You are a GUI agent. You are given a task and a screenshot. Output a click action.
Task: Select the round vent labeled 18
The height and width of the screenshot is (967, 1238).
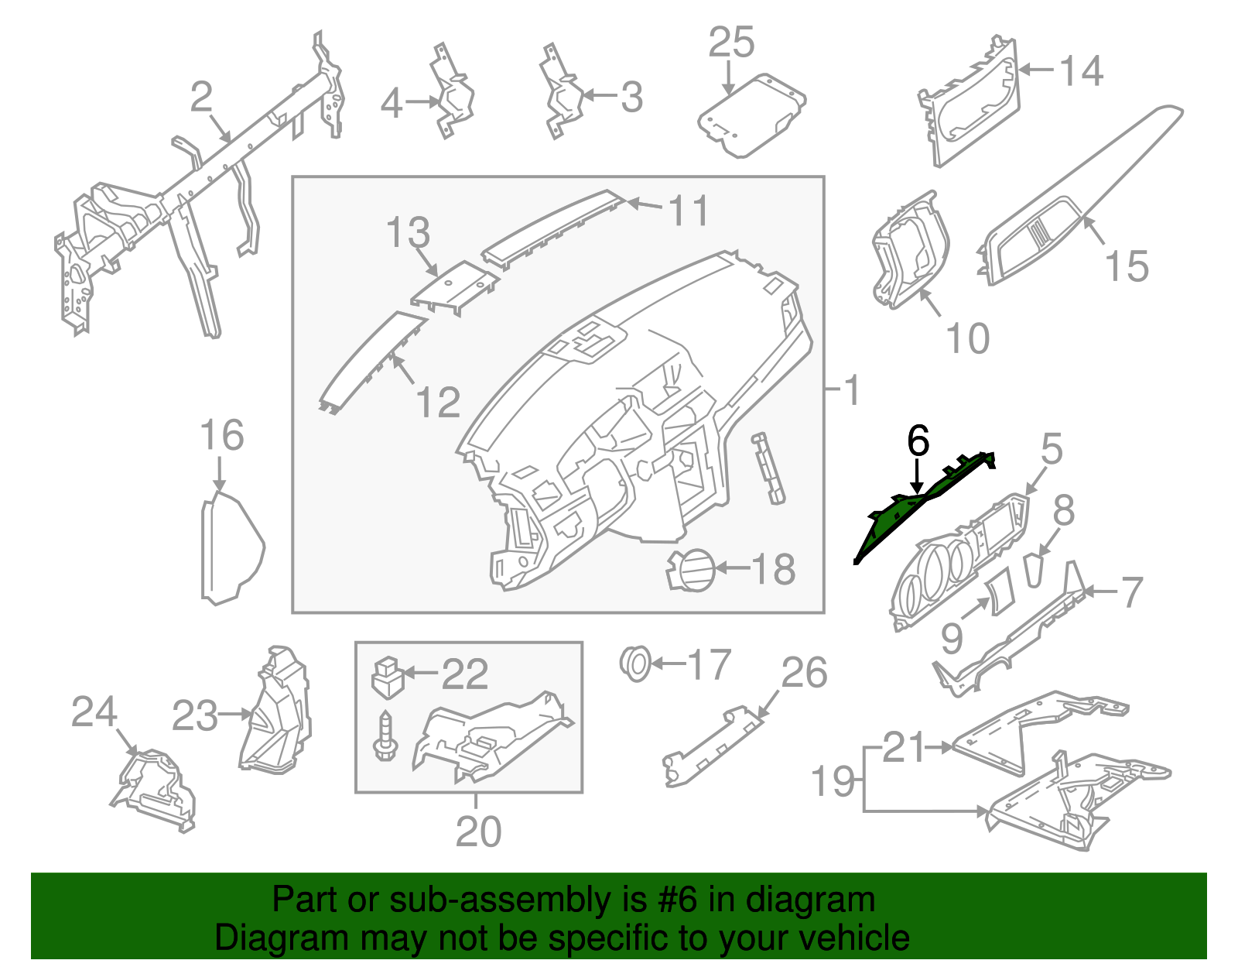pos(690,570)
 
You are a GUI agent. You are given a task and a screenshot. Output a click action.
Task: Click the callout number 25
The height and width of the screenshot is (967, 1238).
pos(730,43)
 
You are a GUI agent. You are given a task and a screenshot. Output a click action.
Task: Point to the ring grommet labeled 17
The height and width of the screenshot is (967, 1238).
pos(636,664)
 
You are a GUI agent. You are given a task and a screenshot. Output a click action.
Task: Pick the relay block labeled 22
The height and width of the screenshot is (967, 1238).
pos(387,676)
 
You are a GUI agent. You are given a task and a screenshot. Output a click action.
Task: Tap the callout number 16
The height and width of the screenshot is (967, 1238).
pos(221,436)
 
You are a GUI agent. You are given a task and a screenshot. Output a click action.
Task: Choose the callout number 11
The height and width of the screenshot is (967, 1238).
pos(688,211)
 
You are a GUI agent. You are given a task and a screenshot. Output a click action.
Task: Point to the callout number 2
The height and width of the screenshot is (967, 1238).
pos(201,98)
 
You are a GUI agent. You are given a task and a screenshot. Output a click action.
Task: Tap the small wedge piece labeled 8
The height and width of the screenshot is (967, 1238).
pos(1035,571)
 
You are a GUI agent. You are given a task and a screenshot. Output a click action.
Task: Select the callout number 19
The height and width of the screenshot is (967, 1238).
pos(833,781)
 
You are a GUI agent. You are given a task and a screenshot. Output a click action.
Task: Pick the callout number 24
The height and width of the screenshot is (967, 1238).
pos(94,712)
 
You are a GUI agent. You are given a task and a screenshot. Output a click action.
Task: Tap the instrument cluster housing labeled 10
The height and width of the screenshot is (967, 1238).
pos(909,252)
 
